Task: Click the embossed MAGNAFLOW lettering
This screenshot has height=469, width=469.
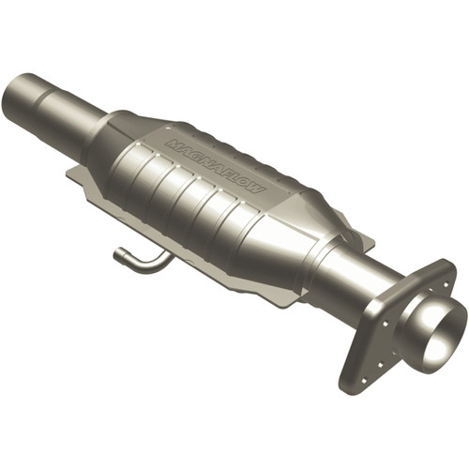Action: (215, 166)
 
